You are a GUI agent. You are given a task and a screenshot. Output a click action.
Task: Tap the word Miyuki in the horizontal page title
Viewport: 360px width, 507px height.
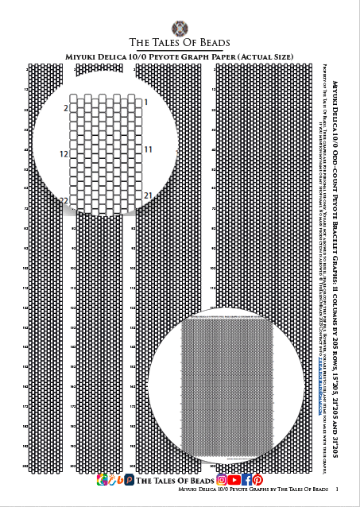83,58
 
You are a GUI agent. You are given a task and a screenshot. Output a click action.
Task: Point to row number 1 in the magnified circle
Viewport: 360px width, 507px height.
146,103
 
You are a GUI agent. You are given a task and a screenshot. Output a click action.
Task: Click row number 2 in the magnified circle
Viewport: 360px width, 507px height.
65,106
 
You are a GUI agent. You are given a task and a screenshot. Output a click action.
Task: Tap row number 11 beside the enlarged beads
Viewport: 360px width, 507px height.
148,149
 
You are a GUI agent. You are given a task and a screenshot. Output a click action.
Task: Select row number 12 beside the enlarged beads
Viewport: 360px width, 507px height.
64,153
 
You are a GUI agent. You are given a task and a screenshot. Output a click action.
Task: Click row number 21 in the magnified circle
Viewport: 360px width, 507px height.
148,195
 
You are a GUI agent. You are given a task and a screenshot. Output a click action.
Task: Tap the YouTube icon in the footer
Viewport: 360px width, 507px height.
234,480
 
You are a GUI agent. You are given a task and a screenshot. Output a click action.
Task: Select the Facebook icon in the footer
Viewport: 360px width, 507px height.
246,480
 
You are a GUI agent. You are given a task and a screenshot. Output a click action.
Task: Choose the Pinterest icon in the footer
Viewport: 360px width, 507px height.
257,480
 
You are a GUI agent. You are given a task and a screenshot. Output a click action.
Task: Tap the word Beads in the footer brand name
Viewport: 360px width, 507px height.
194,481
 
